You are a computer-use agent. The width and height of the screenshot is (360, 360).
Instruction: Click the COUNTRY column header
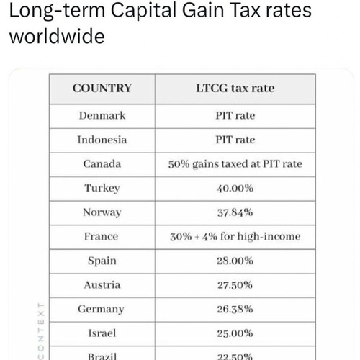tap(102, 88)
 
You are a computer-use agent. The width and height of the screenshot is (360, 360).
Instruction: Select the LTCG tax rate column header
tap(235, 88)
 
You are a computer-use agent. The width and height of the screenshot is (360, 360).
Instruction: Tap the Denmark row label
tap(102, 115)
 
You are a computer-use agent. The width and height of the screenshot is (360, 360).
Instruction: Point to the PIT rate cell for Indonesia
tap(235, 140)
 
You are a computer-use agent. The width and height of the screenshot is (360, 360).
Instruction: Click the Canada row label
tap(102, 164)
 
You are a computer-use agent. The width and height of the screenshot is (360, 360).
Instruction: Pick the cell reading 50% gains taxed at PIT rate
tap(235, 164)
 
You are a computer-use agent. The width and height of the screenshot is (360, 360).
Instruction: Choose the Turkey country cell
tap(102, 189)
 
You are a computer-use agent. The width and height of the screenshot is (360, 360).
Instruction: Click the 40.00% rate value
tap(235, 188)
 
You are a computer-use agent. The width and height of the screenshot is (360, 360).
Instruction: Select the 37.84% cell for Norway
tap(235, 212)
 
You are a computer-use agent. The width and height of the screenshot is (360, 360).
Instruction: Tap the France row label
tap(101, 237)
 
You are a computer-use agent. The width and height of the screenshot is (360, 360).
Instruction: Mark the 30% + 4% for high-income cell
tap(235, 237)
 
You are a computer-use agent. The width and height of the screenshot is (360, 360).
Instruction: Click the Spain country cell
tap(102, 261)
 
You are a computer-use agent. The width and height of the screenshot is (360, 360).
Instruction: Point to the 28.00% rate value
tap(235, 261)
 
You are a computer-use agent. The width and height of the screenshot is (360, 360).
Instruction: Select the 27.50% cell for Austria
tap(235, 285)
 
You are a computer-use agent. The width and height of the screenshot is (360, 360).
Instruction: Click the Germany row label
tap(101, 310)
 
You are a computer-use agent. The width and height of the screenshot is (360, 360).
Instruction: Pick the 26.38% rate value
tap(235, 309)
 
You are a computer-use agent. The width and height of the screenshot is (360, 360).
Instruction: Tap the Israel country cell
tap(102, 333)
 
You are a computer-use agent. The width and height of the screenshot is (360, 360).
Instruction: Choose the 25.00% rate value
tap(235, 333)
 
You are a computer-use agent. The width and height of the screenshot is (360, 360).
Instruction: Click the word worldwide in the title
tap(57, 36)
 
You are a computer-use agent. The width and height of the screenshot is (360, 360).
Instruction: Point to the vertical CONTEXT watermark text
tap(41, 331)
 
